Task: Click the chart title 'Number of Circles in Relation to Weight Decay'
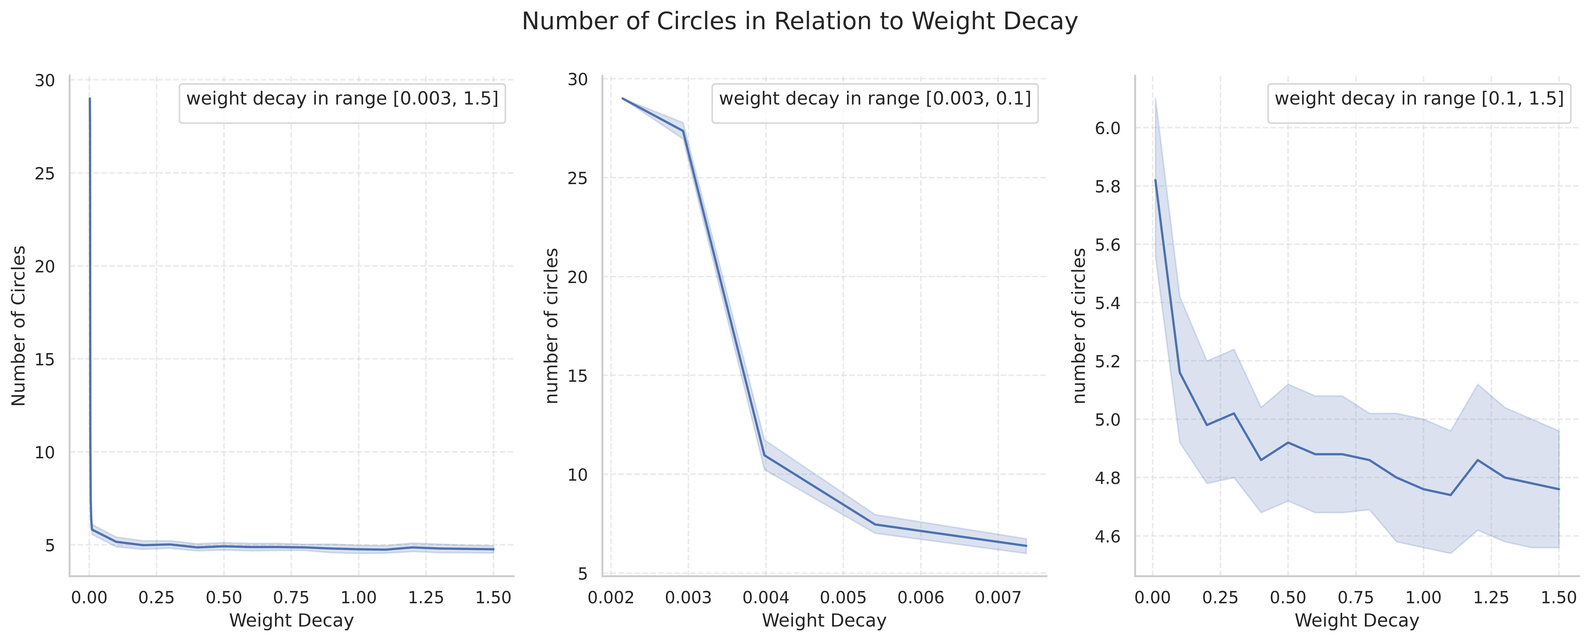(x=799, y=22)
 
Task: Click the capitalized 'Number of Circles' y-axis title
(x=19, y=325)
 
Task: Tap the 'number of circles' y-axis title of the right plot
(x=1080, y=325)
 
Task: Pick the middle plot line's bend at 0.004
(x=765, y=455)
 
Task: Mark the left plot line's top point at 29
(x=90, y=98)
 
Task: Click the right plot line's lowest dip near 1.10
(x=1451, y=495)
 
